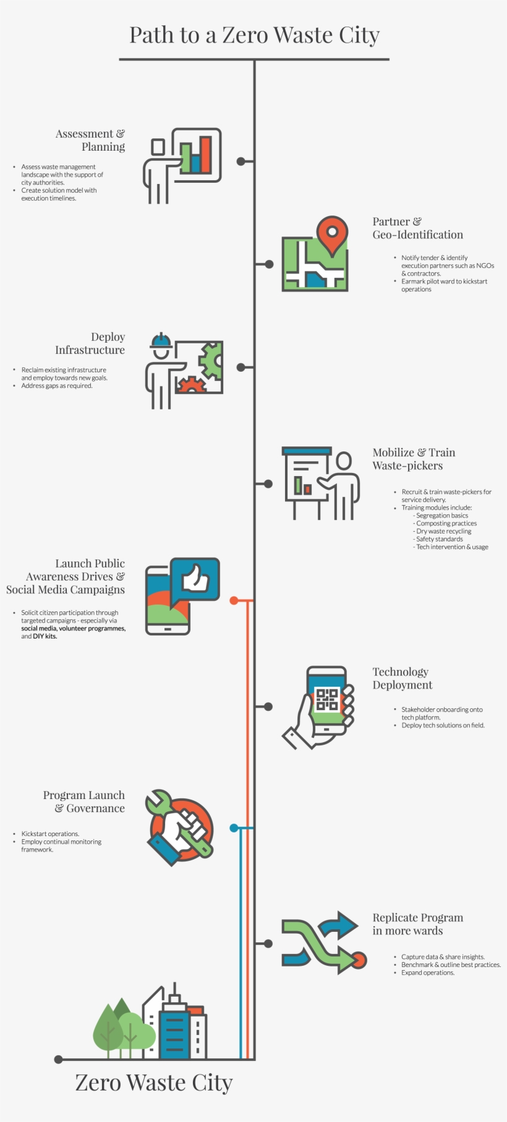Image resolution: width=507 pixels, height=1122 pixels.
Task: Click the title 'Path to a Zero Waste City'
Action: pyautogui.click(x=254, y=35)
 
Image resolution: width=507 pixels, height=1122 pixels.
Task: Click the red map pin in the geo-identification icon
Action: pyautogui.click(x=332, y=233)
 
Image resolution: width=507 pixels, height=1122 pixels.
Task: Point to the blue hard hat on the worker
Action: pyautogui.click(x=161, y=341)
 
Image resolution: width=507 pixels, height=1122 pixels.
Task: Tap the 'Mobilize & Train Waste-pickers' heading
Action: pyautogui.click(x=413, y=459)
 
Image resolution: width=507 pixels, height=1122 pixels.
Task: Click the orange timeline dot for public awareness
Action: pyautogui.click(x=234, y=600)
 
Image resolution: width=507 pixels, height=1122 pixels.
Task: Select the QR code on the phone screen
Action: pyautogui.click(x=327, y=700)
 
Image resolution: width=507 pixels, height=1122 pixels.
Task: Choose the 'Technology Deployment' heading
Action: pyautogui.click(x=402, y=678)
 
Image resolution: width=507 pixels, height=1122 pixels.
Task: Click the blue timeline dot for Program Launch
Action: pyautogui.click(x=234, y=827)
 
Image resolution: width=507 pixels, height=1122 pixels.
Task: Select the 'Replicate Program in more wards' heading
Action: pyautogui.click(x=417, y=924)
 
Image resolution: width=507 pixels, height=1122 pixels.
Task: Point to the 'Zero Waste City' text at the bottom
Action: pyautogui.click(x=154, y=1082)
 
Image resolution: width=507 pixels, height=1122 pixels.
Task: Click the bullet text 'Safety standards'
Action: pyautogui.click(x=439, y=539)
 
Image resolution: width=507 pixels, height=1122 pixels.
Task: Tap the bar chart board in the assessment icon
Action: pyautogui.click(x=197, y=154)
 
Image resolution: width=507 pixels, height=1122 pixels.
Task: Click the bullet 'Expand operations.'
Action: pyautogui.click(x=427, y=973)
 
